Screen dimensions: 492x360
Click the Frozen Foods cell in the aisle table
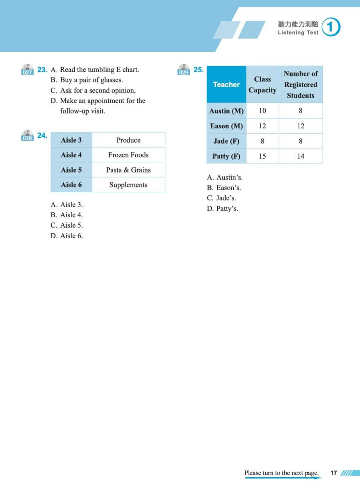click(128, 155)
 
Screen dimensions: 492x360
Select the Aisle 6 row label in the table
click(71, 185)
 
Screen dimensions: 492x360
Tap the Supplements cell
click(128, 185)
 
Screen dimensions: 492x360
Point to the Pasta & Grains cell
click(128, 170)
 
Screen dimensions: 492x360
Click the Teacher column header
click(226, 84)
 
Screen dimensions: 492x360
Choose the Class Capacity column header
click(262, 84)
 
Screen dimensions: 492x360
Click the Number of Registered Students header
click(301, 84)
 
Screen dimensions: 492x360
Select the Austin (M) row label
click(226, 111)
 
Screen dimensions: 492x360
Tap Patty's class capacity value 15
click(262, 156)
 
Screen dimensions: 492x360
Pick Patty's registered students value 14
click(301, 156)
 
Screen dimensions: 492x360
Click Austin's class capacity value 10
click(262, 111)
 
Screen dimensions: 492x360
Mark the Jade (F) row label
click(226, 141)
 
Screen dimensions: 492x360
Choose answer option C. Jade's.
click(221, 198)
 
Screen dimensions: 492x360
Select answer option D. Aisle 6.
click(66, 236)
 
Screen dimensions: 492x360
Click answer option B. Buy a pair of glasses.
click(87, 80)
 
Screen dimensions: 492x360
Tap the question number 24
click(42, 136)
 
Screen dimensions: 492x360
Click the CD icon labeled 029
click(183, 70)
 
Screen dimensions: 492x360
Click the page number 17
click(334, 473)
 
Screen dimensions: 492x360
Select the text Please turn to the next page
click(281, 473)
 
